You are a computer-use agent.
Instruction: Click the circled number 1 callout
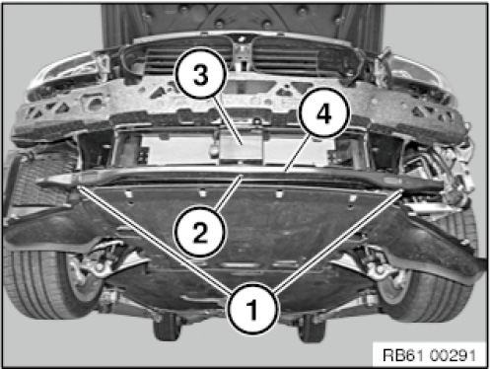252,309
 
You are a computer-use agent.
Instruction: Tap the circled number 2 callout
201,233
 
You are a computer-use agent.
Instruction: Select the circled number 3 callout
201,74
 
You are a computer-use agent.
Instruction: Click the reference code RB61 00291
429,355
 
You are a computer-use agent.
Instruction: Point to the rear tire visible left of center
167,328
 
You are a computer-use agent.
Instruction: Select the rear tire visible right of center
311,328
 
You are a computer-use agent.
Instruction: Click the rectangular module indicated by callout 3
241,147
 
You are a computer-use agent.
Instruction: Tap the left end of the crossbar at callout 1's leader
78,186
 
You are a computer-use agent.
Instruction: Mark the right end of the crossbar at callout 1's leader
401,190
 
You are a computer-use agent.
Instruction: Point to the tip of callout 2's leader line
243,177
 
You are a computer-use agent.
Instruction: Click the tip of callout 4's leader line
287,171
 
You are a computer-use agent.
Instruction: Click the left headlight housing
67,72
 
